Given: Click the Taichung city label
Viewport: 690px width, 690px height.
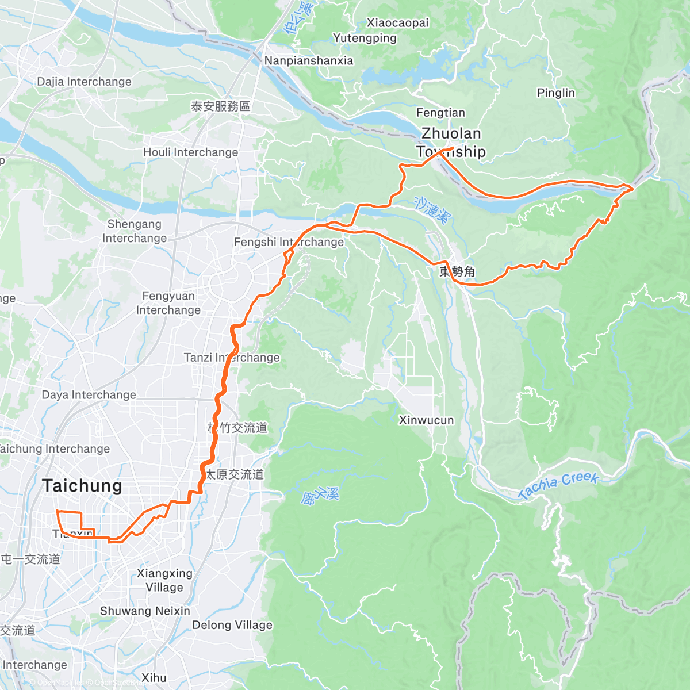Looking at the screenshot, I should pos(82,486).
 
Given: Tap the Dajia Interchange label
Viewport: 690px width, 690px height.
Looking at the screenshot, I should pos(84,82).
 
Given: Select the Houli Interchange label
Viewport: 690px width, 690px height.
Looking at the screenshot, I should pos(190,152).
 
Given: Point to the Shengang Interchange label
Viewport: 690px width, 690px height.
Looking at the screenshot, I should pos(134,231).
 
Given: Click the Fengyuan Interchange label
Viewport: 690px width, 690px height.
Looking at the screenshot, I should pos(168,303).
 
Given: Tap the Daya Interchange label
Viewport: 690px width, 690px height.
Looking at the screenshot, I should pos(89,395).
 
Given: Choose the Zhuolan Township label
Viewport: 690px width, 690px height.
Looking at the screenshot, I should pos(451,142).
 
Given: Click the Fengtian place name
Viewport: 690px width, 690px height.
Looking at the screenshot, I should pos(440,113).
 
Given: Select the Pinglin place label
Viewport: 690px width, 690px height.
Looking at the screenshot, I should pos(555,93).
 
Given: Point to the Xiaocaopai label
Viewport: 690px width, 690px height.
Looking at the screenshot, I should pos(398,23).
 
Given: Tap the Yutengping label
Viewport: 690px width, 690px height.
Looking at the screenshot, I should pos(365,39).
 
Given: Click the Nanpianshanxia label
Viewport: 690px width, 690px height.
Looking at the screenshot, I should pos(309,61).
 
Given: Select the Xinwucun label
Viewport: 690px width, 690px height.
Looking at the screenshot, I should pos(426,420).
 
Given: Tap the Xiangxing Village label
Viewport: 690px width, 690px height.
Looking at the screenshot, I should pos(164,580).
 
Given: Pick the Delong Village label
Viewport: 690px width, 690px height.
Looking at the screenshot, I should pos(232,625).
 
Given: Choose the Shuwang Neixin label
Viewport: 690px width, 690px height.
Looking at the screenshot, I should pos(145,611).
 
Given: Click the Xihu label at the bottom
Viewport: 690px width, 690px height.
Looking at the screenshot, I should pos(154,678).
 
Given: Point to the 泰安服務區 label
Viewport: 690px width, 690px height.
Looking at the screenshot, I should pos(220,106).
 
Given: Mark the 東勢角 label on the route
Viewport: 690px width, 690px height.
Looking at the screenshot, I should pos(457,271).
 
